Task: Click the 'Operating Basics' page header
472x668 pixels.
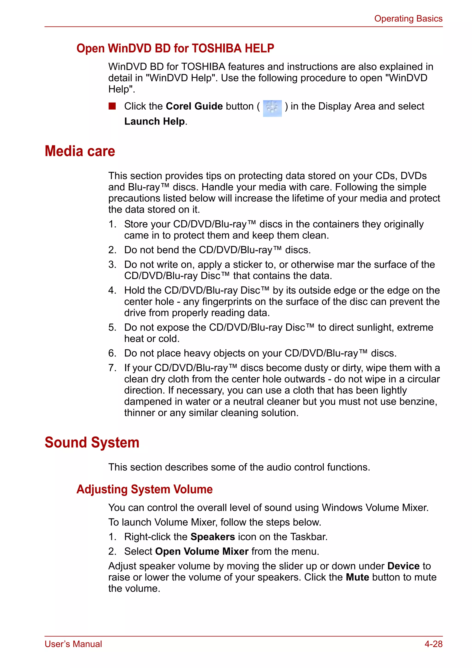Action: tap(408, 19)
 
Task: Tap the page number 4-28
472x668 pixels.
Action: tap(433, 644)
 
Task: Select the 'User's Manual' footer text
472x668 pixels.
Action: tap(73, 644)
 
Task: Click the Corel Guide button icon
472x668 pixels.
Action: tap(272, 108)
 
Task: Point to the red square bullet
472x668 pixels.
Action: tap(112, 106)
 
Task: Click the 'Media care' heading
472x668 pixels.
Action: tap(80, 151)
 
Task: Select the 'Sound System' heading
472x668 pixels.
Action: tap(92, 443)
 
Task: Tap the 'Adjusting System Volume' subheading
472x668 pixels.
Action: tap(145, 489)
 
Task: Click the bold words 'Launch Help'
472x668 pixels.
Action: tap(154, 121)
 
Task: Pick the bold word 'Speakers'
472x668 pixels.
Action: tap(212, 537)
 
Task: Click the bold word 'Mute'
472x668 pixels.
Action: tap(357, 577)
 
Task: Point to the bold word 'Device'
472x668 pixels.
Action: tap(403, 566)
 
